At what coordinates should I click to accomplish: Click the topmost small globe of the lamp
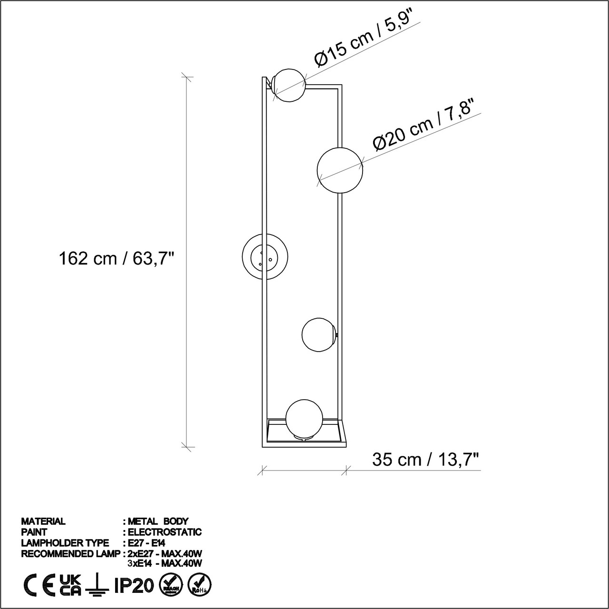click(289, 85)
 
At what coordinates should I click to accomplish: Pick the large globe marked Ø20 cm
click(340, 170)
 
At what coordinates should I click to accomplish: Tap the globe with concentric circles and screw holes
click(265, 256)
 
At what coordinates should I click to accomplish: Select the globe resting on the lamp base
click(304, 418)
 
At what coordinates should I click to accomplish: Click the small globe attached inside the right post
click(319, 334)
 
